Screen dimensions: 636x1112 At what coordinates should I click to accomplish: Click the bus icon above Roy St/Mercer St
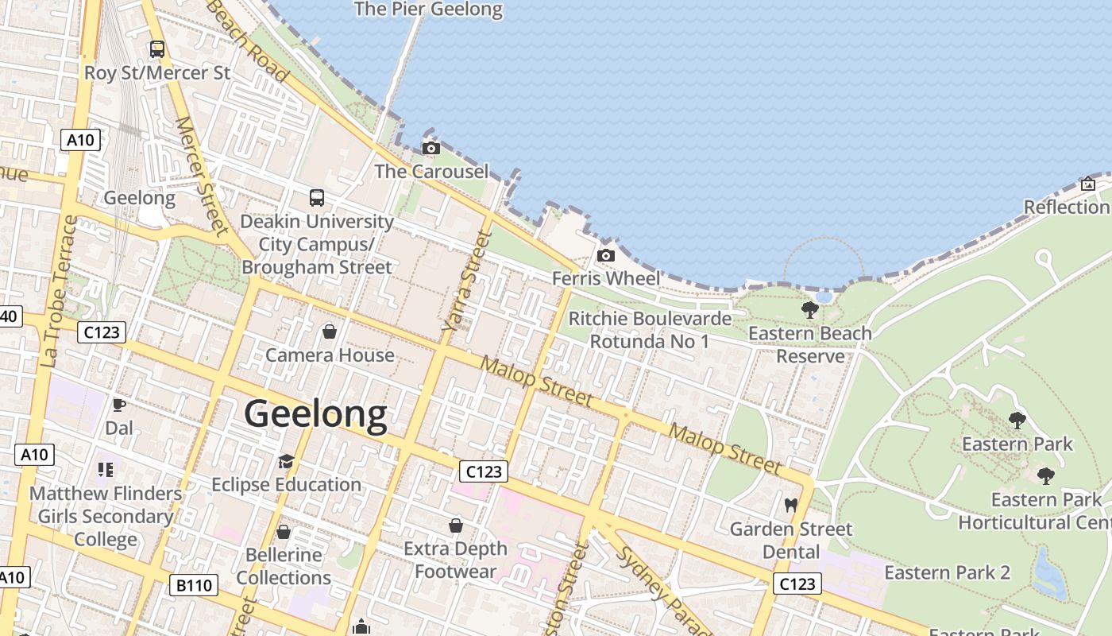click(157, 49)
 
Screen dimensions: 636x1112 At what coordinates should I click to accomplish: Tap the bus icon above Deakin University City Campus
click(317, 197)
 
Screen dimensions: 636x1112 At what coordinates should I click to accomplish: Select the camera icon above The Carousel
click(431, 148)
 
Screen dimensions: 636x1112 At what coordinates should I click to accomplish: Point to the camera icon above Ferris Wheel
click(606, 255)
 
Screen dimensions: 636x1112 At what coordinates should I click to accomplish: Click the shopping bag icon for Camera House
click(330, 331)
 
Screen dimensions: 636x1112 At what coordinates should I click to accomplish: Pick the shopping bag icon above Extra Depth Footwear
click(456, 525)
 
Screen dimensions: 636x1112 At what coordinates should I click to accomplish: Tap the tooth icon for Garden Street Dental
click(790, 505)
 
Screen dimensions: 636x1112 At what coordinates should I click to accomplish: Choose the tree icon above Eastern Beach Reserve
click(810, 309)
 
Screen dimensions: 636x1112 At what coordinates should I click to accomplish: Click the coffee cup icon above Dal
click(119, 405)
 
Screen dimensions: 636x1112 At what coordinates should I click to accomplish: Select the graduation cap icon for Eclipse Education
click(286, 461)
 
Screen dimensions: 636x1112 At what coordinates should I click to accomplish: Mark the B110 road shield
click(194, 586)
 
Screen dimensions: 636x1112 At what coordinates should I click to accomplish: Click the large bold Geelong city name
click(315, 414)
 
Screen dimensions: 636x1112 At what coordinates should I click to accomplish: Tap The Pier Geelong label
click(428, 10)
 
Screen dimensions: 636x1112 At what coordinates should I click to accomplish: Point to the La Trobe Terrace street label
click(59, 291)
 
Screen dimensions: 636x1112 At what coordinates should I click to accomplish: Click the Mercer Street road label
click(200, 176)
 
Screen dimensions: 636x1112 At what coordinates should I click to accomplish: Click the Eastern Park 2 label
click(947, 572)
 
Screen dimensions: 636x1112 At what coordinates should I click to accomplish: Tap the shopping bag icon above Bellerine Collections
click(284, 531)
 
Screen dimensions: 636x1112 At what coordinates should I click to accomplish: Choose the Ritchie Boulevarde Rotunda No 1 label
click(650, 330)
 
